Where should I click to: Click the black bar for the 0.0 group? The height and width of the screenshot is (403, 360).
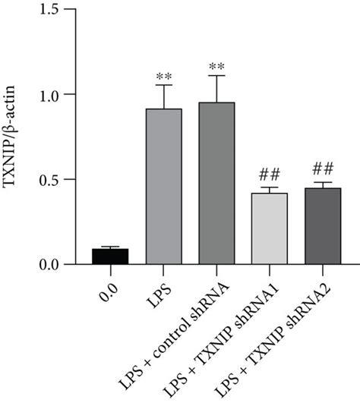(x=110, y=256)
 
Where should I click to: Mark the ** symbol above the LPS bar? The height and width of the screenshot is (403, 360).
(x=164, y=77)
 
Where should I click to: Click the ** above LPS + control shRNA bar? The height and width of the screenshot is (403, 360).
(x=217, y=67)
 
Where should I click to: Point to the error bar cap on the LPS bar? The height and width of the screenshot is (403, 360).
(x=164, y=85)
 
